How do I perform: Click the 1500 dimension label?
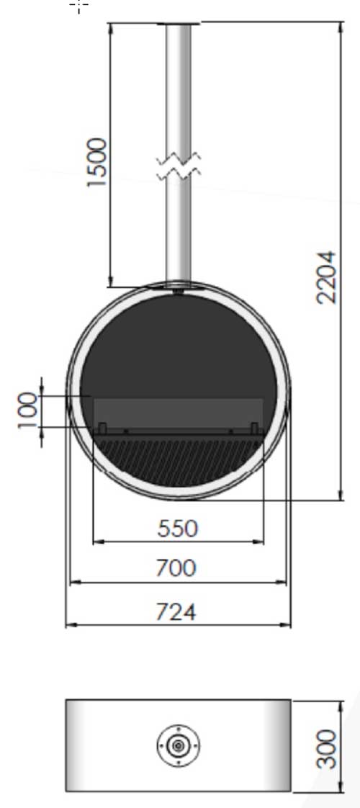[96, 162]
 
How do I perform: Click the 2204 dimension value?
[327, 277]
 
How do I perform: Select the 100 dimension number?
[28, 410]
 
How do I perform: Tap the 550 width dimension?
[177, 529]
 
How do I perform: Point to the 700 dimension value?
[176, 568]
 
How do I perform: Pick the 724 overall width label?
[176, 612]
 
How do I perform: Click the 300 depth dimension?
[327, 749]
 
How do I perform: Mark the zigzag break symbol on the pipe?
[178, 166]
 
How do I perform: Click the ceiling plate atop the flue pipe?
[178, 24]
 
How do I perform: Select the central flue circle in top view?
[178, 745]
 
